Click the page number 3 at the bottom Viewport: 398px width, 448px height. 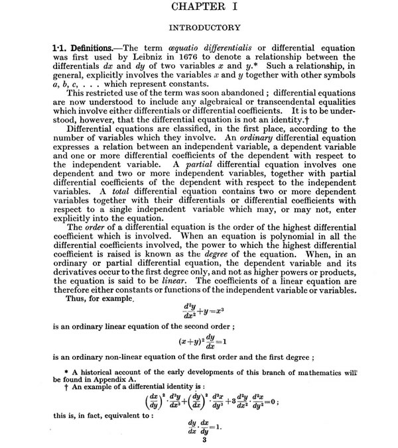click(x=206, y=441)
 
